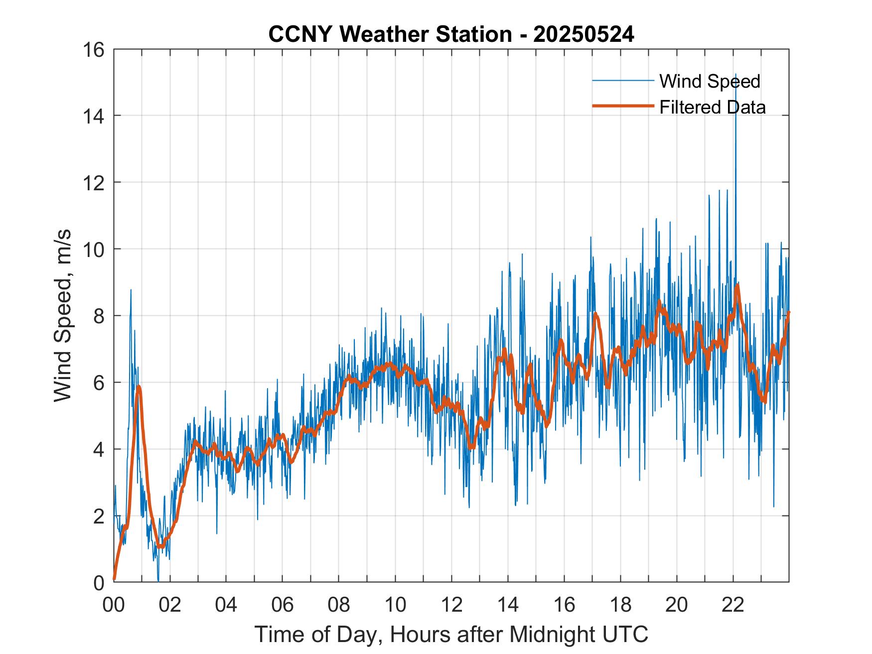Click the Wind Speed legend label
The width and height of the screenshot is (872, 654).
(x=710, y=81)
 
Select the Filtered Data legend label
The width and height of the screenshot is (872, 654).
(x=712, y=107)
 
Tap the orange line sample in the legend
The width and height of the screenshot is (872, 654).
(x=622, y=106)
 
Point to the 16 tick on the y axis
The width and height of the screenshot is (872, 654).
(x=94, y=50)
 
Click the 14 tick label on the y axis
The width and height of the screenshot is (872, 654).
(x=94, y=116)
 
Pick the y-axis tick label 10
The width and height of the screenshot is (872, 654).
(x=94, y=249)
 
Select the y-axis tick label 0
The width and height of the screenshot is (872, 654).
(x=99, y=582)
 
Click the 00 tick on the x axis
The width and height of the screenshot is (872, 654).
(x=114, y=604)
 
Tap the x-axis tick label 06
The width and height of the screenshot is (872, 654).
(x=283, y=604)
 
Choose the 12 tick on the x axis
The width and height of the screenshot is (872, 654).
(x=451, y=604)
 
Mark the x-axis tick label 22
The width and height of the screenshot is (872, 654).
(x=733, y=604)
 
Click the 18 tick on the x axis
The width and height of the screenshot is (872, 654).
(x=620, y=604)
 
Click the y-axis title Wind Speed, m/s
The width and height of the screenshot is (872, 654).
(x=63, y=315)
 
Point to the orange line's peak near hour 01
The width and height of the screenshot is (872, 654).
(x=139, y=387)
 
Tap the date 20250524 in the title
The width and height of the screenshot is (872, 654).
(x=583, y=34)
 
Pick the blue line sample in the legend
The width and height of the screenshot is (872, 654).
(x=622, y=81)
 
